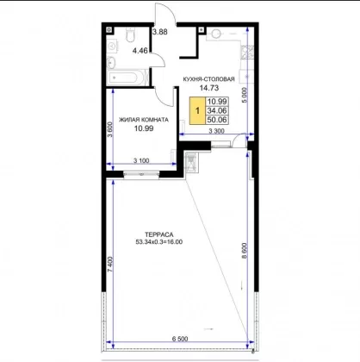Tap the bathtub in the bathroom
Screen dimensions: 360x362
tap(127, 78)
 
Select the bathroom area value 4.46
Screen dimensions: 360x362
tap(140, 51)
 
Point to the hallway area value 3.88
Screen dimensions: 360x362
tap(159, 32)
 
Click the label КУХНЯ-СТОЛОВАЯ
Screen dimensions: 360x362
tap(209, 79)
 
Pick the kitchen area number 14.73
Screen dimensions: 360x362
tap(209, 88)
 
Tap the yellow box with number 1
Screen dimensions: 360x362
tap(197, 110)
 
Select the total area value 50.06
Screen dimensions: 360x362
tap(217, 120)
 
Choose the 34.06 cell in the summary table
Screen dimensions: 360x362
tap(217, 110)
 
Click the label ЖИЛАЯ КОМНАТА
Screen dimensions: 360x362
tap(144, 120)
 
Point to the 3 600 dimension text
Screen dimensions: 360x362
tap(110, 129)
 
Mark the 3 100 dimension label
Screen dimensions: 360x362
tap(141, 161)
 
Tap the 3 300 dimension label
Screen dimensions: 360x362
tap(216, 131)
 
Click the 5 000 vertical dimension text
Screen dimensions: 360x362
tap(244, 95)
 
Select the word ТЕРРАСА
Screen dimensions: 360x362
tap(159, 235)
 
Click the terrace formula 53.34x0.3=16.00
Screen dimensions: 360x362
tap(159, 242)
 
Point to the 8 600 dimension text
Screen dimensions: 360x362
tap(244, 251)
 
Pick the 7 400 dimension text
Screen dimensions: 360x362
tap(110, 265)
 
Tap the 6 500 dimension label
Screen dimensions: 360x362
tap(180, 339)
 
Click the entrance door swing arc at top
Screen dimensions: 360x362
tap(171, 9)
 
